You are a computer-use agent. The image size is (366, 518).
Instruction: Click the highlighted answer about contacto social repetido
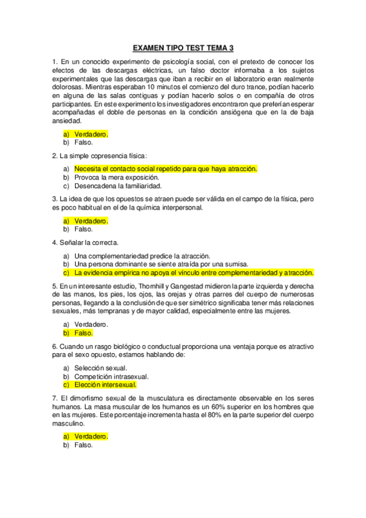(x=166, y=169)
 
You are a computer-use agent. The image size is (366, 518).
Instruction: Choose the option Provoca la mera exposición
(x=120, y=177)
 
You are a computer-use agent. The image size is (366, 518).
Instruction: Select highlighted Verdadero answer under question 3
(x=91, y=221)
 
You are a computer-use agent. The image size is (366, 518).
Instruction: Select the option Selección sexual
(x=101, y=368)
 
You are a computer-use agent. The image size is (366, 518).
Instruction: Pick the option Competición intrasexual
(x=111, y=377)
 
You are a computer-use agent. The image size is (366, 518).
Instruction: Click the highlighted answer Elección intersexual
(x=105, y=385)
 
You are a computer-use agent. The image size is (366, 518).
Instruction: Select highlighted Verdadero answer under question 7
(x=91, y=437)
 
